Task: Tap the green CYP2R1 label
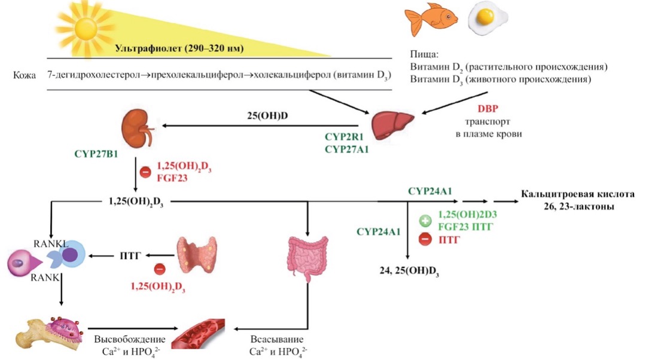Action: point(346,139)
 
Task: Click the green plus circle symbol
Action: point(425,220)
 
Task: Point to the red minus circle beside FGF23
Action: point(145,172)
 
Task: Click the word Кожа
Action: point(25,76)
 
